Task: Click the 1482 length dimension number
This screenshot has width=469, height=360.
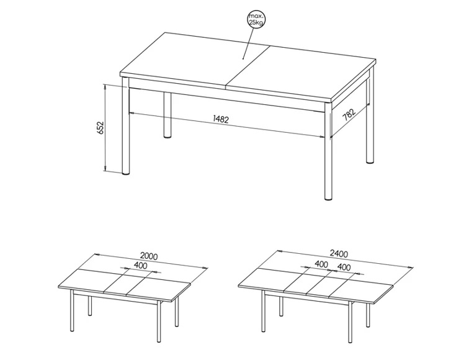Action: (221, 119)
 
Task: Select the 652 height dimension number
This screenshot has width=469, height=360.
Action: (100, 128)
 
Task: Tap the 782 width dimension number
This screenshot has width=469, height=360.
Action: (349, 114)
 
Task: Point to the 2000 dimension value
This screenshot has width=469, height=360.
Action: (149, 256)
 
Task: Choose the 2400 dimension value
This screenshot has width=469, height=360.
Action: (339, 254)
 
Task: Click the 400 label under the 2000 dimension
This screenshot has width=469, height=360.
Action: (140, 265)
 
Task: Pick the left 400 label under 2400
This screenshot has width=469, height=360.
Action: (321, 264)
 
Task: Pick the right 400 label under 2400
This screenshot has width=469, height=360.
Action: (344, 267)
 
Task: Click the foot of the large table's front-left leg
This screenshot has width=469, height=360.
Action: (126, 173)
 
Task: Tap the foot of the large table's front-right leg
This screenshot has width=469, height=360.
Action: (328, 197)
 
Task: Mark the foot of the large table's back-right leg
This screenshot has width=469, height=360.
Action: (370, 161)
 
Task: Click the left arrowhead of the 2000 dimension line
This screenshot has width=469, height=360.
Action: (96, 254)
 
